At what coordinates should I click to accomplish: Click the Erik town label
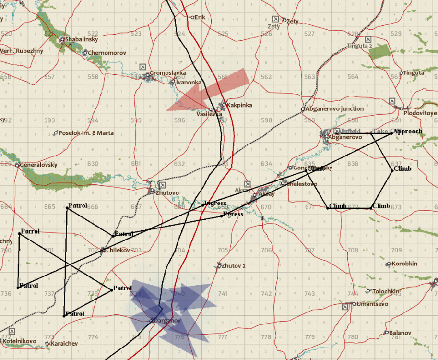(200, 17)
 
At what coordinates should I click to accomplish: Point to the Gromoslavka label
(167, 73)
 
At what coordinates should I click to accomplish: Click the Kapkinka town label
(239, 105)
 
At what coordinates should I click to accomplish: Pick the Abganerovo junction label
(335, 109)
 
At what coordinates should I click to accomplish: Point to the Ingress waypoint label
(215, 204)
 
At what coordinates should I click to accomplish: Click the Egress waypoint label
(234, 215)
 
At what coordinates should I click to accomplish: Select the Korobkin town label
(404, 264)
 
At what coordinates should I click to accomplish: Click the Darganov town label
(167, 321)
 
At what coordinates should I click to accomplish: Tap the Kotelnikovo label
(20, 341)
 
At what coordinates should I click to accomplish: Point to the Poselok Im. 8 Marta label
(86, 133)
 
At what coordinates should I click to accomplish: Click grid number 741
(223, 294)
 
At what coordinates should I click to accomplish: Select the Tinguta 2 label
(360, 46)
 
